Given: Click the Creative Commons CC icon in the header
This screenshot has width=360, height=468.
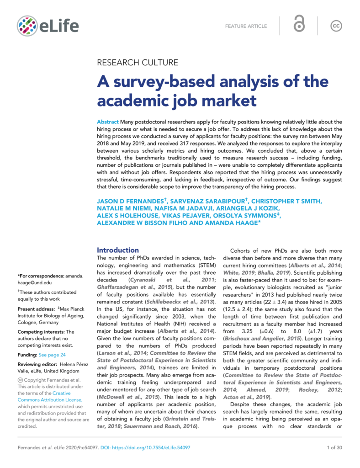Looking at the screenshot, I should (336, 26).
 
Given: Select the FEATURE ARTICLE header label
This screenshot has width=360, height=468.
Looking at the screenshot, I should (246, 26).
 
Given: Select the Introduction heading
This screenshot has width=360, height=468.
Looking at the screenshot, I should (118, 250).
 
